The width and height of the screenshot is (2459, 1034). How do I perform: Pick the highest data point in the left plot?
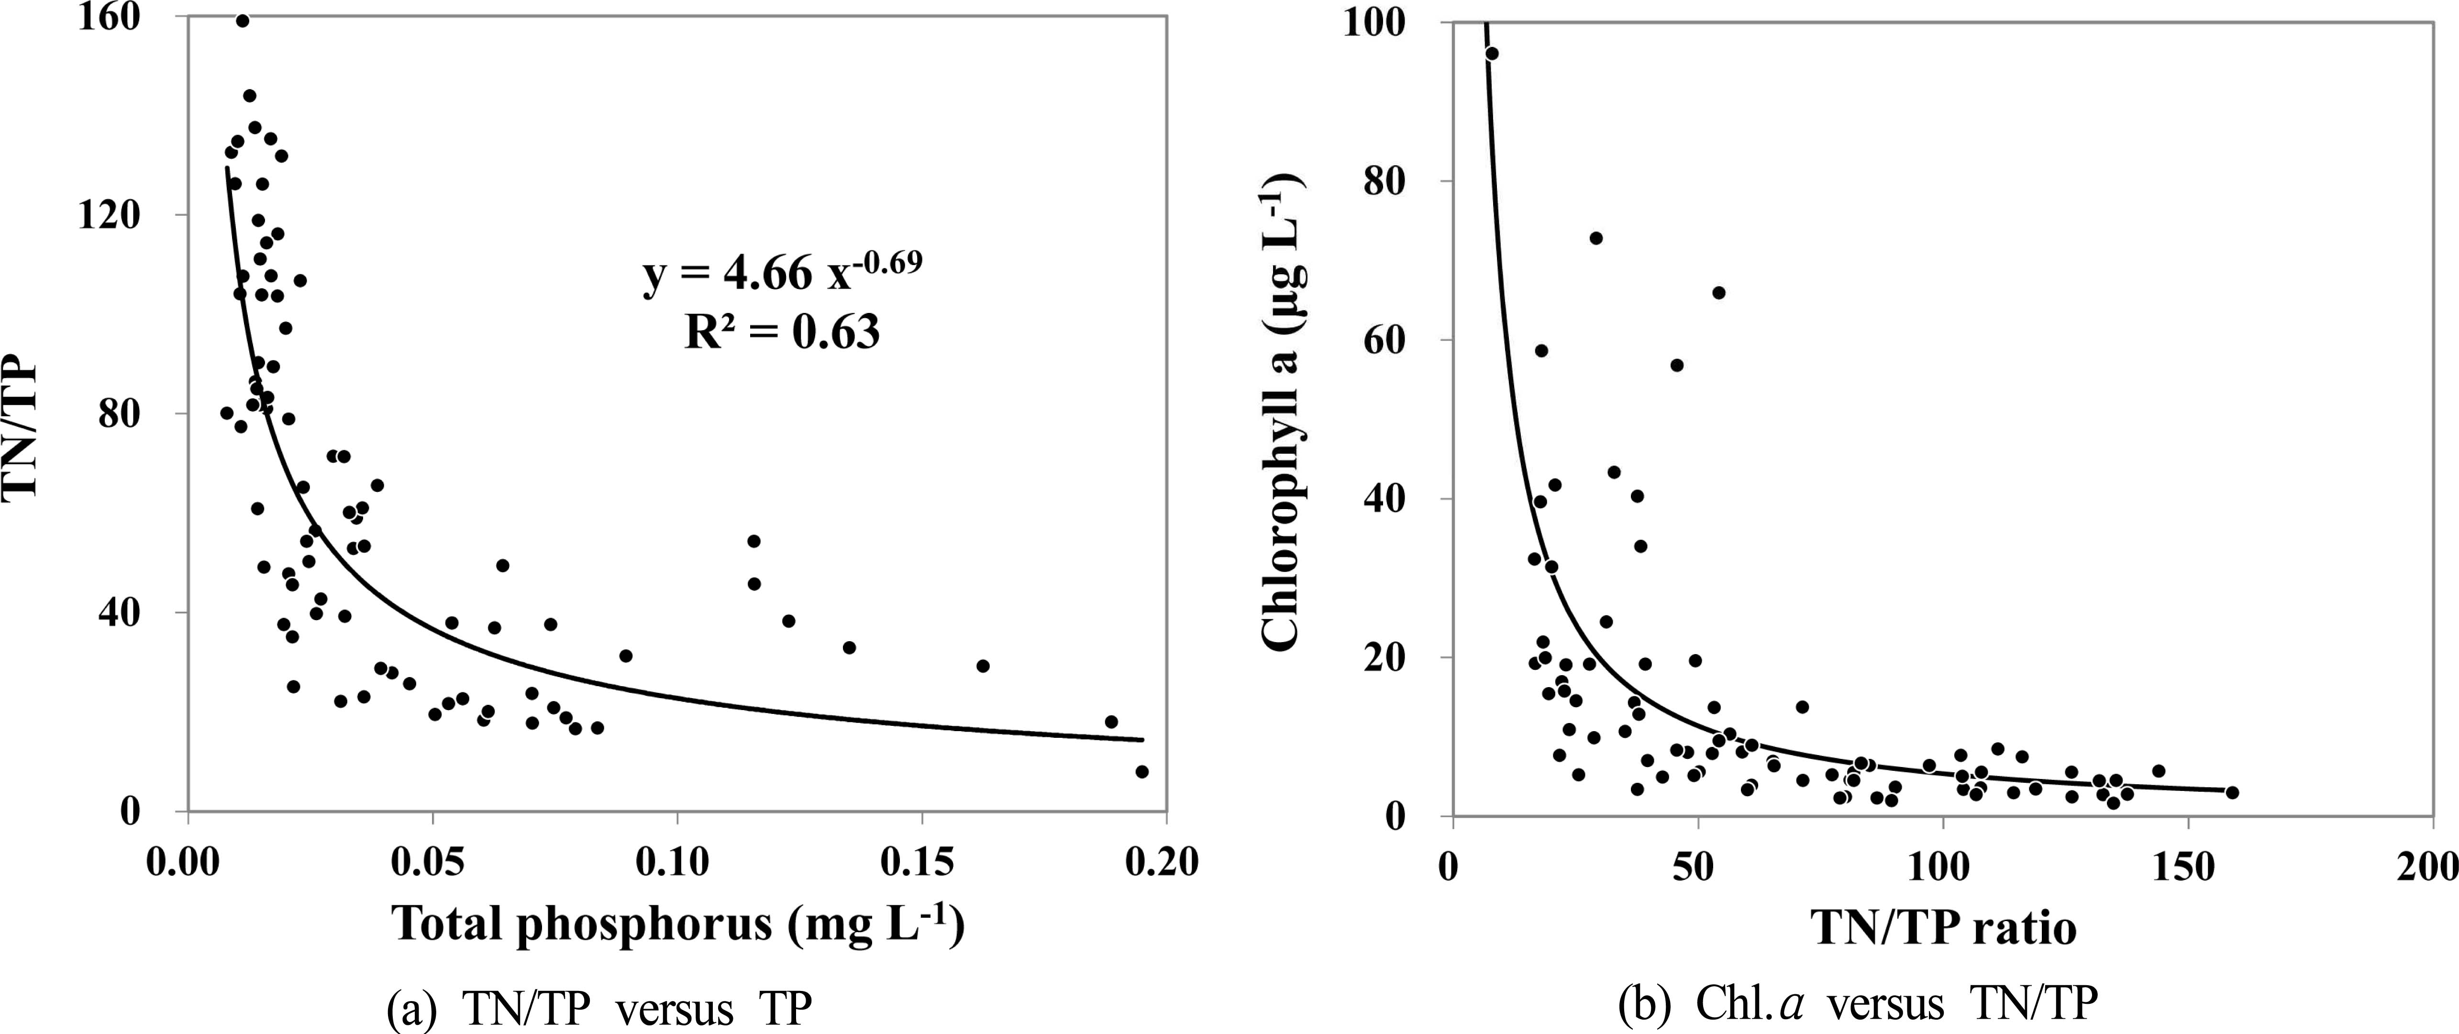[x=243, y=21]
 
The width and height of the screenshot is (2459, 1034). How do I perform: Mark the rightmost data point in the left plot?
[x=1141, y=771]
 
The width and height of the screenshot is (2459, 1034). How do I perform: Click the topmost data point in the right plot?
[x=1492, y=54]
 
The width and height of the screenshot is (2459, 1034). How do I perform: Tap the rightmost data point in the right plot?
[x=2232, y=792]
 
